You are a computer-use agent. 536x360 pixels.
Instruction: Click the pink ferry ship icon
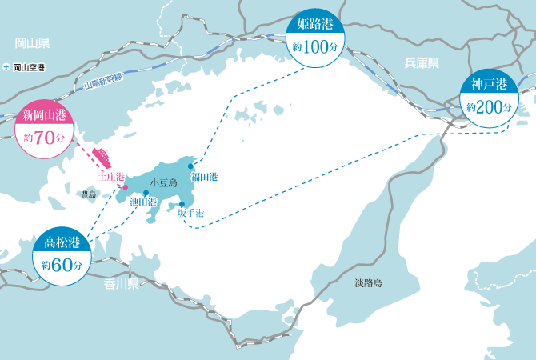pyautogui.click(x=106, y=154)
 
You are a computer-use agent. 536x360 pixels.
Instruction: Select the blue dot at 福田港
pyautogui.click(x=190, y=166)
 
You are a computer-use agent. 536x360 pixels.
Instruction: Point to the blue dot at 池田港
pyautogui.click(x=146, y=193)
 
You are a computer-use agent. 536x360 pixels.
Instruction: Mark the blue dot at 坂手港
pyautogui.click(x=182, y=204)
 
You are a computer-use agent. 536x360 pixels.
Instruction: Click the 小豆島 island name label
pyautogui.click(x=162, y=182)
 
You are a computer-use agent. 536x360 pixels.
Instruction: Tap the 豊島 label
pyautogui.click(x=88, y=194)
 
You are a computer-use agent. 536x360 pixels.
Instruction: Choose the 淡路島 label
pyautogui.click(x=369, y=282)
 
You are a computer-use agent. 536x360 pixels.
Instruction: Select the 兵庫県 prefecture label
pyautogui.click(x=422, y=63)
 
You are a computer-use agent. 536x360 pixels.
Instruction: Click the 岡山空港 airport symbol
pyautogui.click(x=6, y=68)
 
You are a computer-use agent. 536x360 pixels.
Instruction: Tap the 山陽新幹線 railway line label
pyautogui.click(x=102, y=81)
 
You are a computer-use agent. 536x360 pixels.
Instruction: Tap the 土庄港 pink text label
pyautogui.click(x=111, y=176)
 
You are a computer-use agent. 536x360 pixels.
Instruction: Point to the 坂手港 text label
pyautogui.click(x=191, y=214)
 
